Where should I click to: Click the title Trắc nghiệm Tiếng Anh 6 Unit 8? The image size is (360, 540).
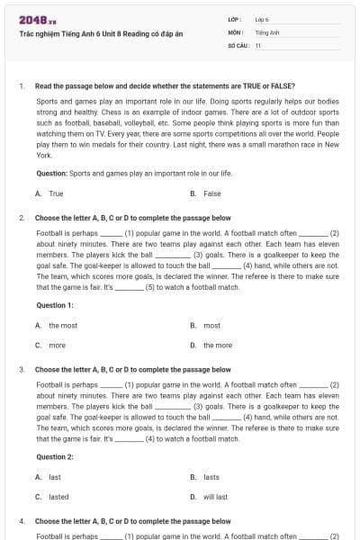click(100, 33)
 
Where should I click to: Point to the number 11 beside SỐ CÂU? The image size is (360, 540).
click(258, 44)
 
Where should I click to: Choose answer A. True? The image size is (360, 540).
click(49, 193)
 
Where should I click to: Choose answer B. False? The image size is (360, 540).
click(206, 193)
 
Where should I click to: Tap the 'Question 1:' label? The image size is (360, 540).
click(55, 305)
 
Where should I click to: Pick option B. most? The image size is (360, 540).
click(206, 326)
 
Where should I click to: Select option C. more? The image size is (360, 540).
click(51, 345)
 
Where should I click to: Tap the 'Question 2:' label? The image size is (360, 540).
click(55, 456)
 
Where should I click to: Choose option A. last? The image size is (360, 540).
click(49, 477)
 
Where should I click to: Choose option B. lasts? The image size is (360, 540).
click(206, 477)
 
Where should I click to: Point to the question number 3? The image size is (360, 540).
click(22, 370)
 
